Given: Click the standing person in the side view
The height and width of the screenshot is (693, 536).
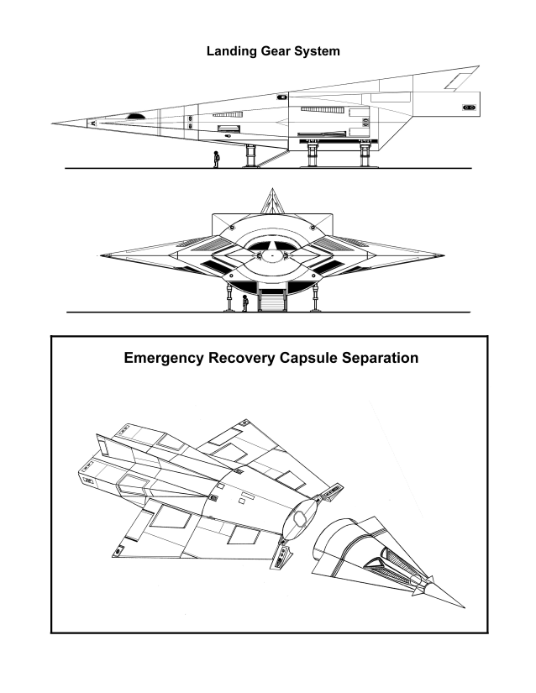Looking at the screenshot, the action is pos(216,160).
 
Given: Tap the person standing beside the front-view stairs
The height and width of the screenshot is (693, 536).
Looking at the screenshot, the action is pos(244,303).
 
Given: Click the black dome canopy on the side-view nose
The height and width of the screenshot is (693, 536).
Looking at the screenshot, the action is pos(135,116).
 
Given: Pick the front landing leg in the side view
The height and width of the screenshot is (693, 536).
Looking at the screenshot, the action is pos(250,156).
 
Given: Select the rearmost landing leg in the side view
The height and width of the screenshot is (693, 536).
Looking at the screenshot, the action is pos(365,155).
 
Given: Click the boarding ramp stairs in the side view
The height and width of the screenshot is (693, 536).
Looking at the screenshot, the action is pos(273,158).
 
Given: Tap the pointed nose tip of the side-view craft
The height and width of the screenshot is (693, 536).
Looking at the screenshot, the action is pos(53,123).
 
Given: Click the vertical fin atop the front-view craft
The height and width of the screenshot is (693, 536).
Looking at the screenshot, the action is pos(273,201).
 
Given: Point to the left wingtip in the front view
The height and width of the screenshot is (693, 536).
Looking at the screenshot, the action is pos(102,255).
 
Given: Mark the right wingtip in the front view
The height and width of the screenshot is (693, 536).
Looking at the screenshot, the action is pos(442,255).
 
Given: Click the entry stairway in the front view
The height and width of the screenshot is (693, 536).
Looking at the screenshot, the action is pos(272,301).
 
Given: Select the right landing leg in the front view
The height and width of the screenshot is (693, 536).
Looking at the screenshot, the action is pos(315,298).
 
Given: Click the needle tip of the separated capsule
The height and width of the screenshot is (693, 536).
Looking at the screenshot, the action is pos(464,607).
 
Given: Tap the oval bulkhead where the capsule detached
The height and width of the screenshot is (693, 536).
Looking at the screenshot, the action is pos(300,517).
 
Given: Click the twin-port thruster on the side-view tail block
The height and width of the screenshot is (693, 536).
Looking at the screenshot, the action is pos(469,108).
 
